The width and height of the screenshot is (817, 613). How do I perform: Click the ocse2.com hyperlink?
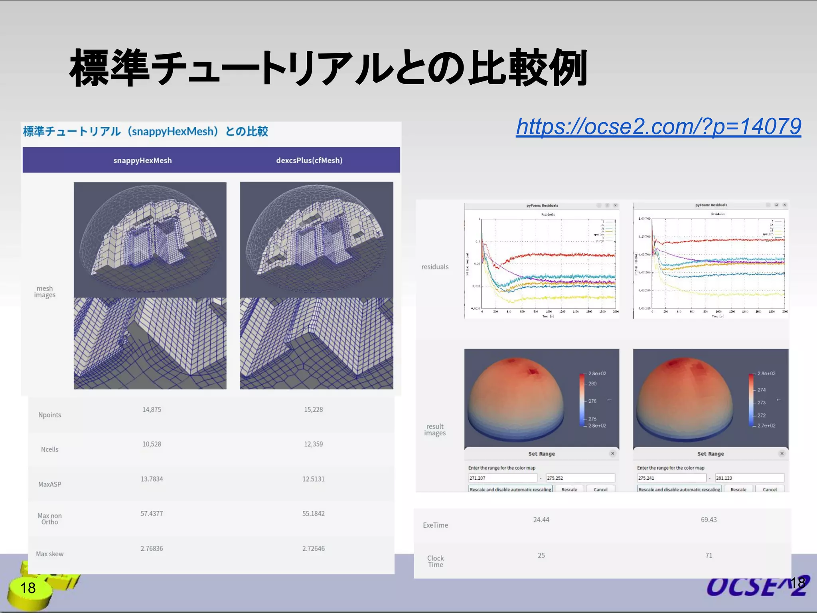pyautogui.click(x=658, y=127)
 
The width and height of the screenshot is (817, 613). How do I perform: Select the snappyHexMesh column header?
pyautogui.click(x=142, y=160)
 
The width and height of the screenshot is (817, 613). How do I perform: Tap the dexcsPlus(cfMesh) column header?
pyautogui.click(x=309, y=160)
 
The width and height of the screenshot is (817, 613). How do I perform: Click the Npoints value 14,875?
pyautogui.click(x=152, y=409)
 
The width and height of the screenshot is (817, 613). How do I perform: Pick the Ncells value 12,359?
pyautogui.click(x=313, y=444)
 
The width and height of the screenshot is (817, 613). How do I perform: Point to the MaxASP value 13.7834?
pyautogui.click(x=152, y=479)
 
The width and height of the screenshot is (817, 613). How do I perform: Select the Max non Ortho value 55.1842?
pyautogui.click(x=313, y=514)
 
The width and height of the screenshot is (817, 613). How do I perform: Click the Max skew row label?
pyautogui.click(x=50, y=554)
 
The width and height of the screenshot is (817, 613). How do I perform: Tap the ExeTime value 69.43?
pyautogui.click(x=708, y=520)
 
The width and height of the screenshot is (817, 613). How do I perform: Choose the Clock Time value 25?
pyautogui.click(x=541, y=556)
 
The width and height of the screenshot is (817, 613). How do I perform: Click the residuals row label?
pyautogui.click(x=435, y=267)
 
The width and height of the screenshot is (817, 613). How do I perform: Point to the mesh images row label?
pyautogui.click(x=45, y=292)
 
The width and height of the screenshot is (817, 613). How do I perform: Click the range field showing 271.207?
pyautogui.click(x=503, y=478)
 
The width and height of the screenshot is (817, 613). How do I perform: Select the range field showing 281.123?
pyautogui.click(x=749, y=478)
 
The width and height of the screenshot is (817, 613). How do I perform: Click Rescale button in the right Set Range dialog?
pyautogui.click(x=738, y=490)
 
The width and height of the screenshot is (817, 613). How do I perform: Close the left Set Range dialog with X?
pyautogui.click(x=613, y=453)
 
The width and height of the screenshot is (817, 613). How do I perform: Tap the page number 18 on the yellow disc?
pyautogui.click(x=28, y=588)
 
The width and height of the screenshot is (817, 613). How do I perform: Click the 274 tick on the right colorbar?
pyautogui.click(x=761, y=390)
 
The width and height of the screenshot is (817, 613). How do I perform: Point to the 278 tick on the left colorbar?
pyautogui.click(x=592, y=401)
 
